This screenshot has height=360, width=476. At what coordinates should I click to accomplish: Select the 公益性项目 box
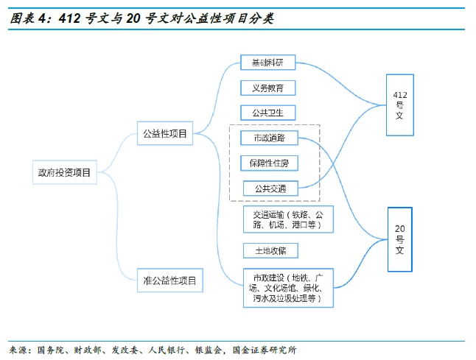tap(164, 134)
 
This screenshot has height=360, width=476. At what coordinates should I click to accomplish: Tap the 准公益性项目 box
tap(169, 280)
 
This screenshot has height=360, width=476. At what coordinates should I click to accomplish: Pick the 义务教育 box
tap(267, 88)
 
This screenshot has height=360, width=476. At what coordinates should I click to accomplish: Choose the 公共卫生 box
tap(267, 113)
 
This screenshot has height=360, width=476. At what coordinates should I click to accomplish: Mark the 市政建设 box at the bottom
tap(287, 289)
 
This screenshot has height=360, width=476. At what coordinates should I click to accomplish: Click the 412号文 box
tap(400, 105)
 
